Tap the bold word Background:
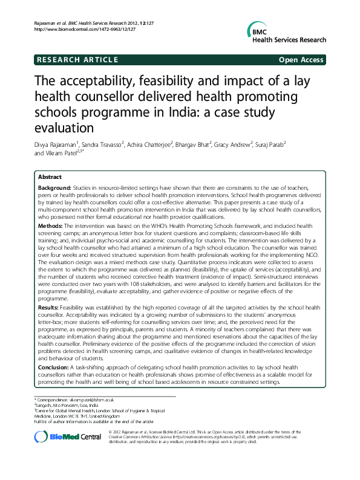(x=55, y=189)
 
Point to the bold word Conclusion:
(x=54, y=368)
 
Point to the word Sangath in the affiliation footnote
(x=45, y=406)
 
